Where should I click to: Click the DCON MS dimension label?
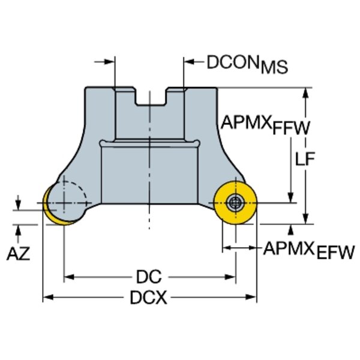click(x=247, y=64)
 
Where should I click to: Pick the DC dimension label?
click(x=149, y=277)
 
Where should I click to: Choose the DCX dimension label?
click(x=149, y=297)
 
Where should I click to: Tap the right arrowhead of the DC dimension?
click(x=231, y=277)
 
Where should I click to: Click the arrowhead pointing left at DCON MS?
click(x=189, y=61)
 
